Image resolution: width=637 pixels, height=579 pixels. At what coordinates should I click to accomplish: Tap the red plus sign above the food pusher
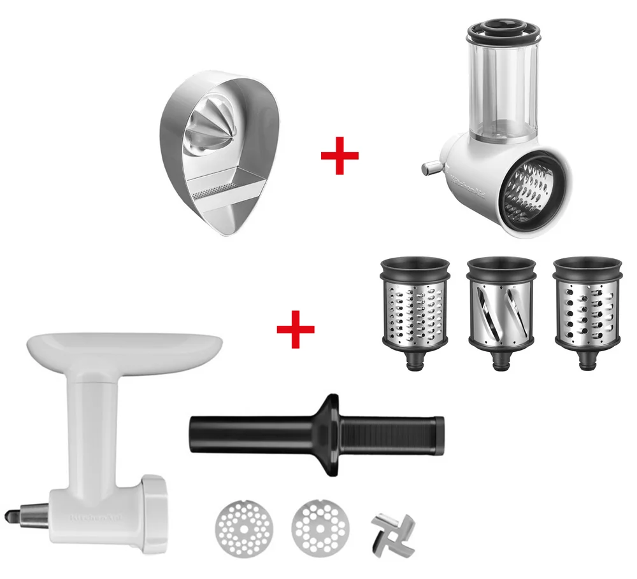296,329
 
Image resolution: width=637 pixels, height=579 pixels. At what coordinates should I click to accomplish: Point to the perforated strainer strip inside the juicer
214,192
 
